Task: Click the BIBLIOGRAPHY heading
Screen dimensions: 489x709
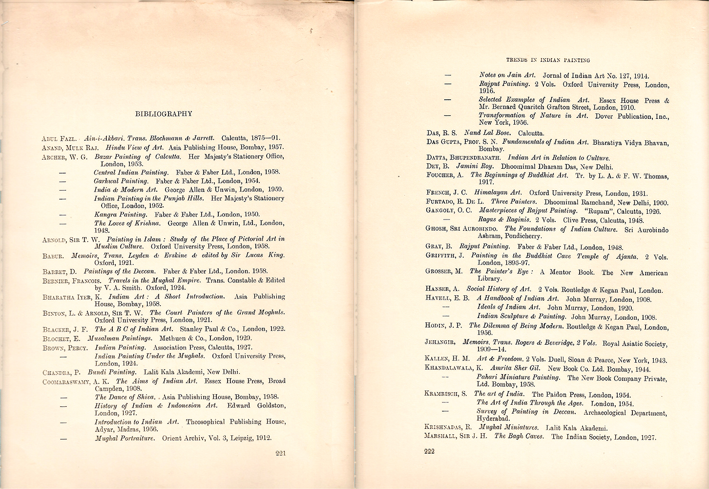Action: (x=163, y=114)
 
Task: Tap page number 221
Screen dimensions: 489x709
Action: (x=280, y=453)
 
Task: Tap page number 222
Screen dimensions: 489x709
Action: (x=429, y=451)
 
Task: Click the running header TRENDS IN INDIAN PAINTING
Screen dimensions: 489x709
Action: (x=548, y=60)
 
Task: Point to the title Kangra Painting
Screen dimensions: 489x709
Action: (x=120, y=214)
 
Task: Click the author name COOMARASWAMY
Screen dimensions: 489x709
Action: (x=72, y=381)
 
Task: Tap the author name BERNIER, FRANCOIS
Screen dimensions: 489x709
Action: (x=72, y=281)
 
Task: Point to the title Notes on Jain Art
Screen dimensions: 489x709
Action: (x=508, y=75)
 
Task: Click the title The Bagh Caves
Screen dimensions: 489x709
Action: (x=519, y=436)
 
